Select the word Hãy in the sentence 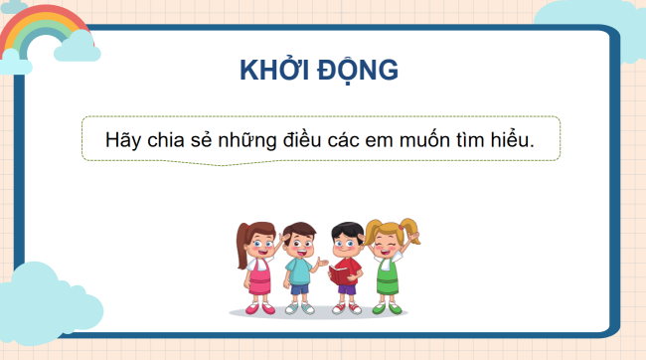click(x=122, y=140)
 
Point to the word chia click(x=165, y=140)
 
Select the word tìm click(x=482, y=140)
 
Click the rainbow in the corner click(x=40, y=30)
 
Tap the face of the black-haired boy click(x=345, y=241)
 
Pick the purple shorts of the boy click(x=345, y=292)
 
